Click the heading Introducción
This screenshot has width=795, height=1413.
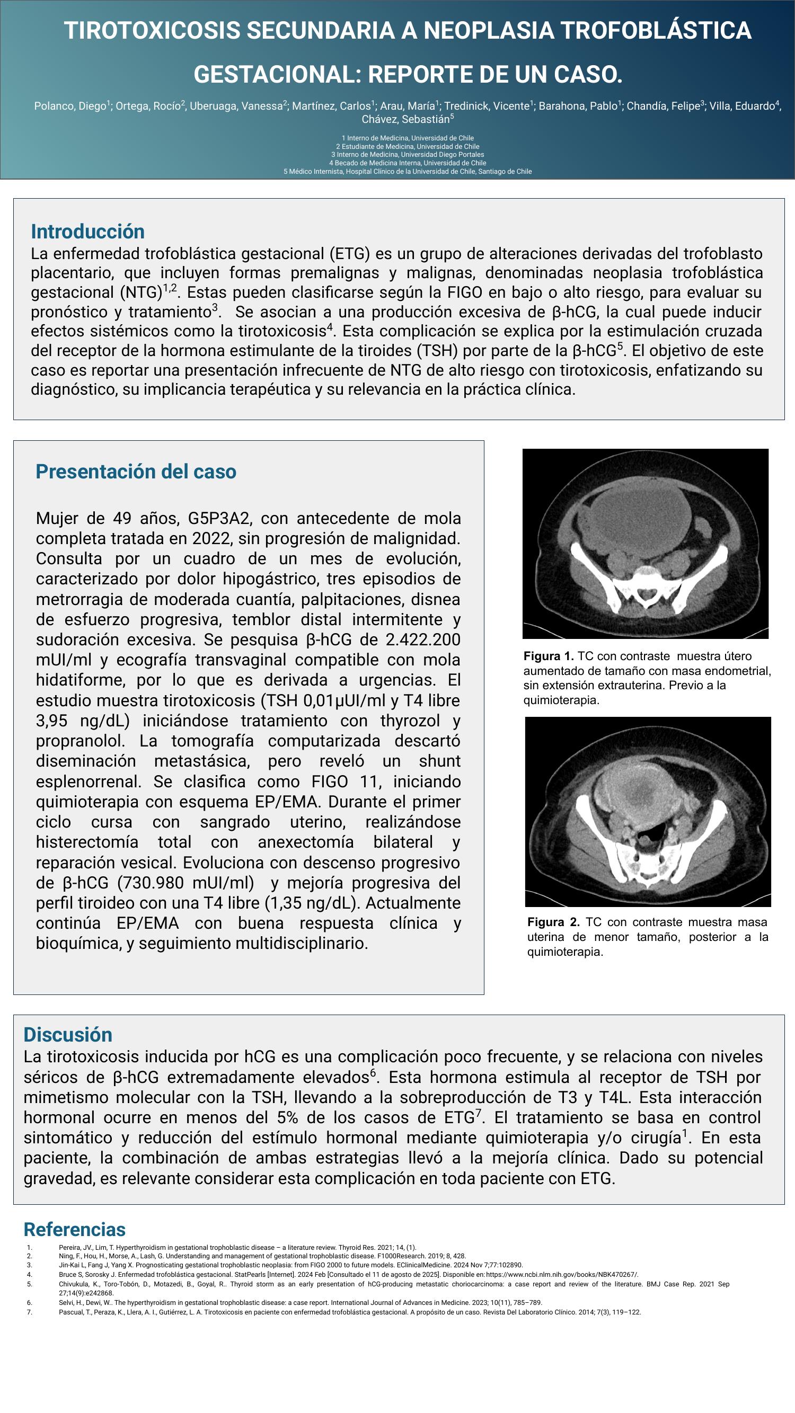pyautogui.click(x=88, y=232)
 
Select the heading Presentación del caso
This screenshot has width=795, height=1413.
pyautogui.click(x=136, y=471)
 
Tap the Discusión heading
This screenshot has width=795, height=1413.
pyautogui.click(x=68, y=1035)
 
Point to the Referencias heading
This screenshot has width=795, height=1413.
pyautogui.click(x=75, y=1229)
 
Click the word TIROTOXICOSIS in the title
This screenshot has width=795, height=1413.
pyautogui.click(x=152, y=30)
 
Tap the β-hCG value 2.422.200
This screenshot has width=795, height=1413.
pyautogui.click(x=423, y=639)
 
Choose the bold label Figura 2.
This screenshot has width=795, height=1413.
pyautogui.click(x=553, y=922)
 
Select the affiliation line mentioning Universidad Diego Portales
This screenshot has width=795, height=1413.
pyautogui.click(x=407, y=155)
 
